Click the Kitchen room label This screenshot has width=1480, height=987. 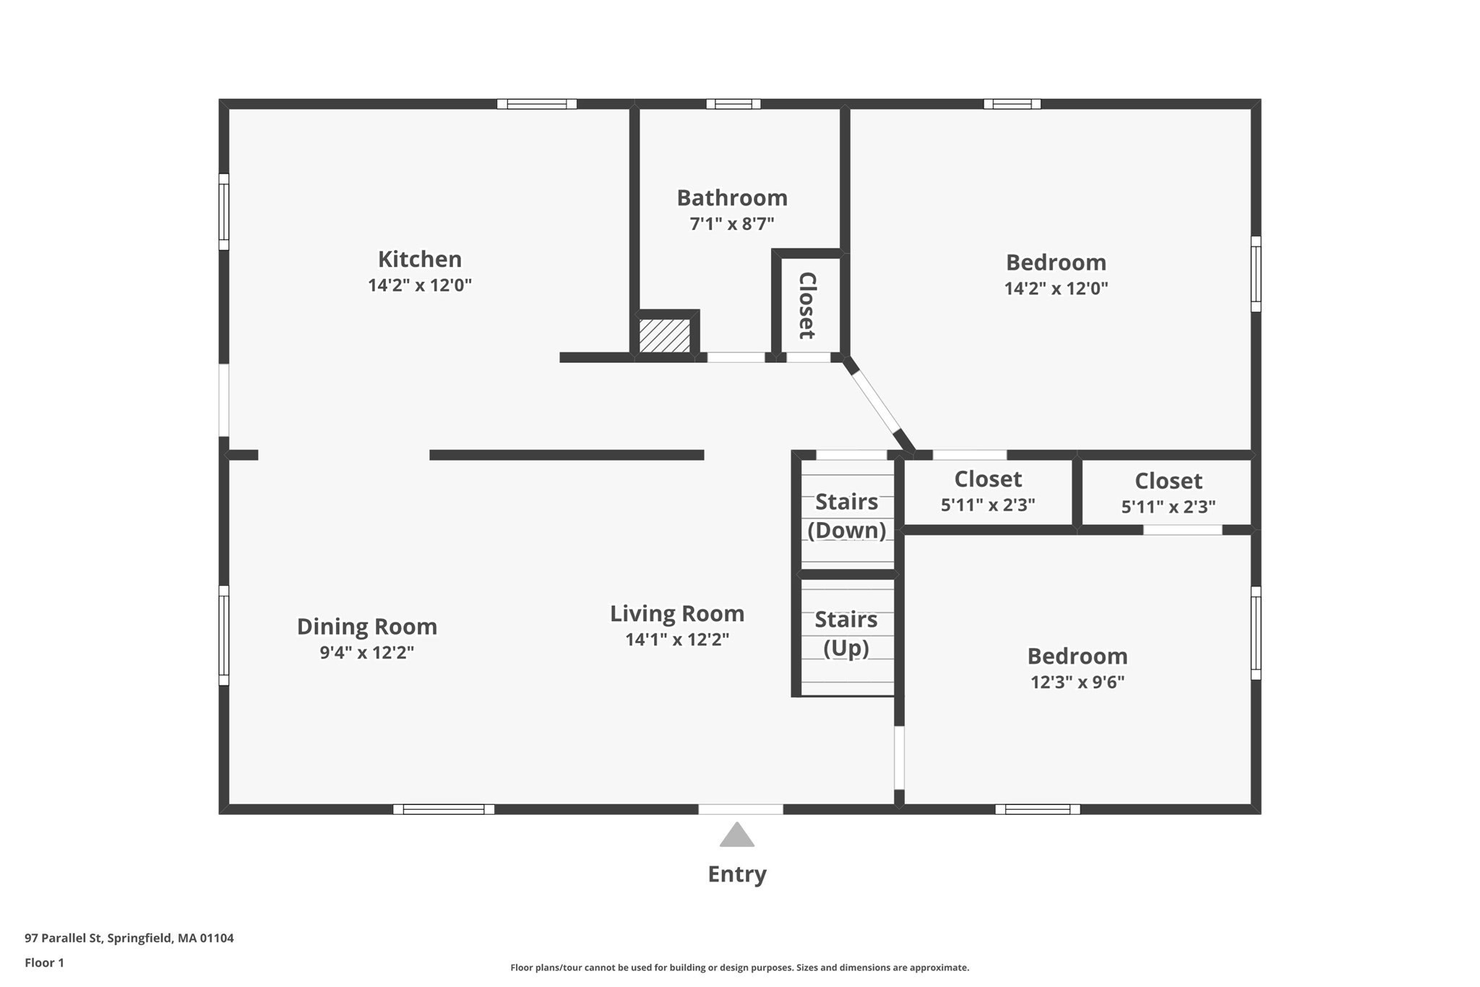tap(419, 259)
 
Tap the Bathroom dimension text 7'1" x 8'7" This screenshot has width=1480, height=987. tap(731, 223)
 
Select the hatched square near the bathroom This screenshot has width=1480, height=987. tap(664, 336)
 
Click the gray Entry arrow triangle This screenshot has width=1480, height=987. tap(736, 836)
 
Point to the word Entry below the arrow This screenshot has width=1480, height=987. tap(736, 874)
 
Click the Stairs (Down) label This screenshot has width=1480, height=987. tap(846, 516)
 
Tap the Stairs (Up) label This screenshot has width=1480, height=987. tap(846, 633)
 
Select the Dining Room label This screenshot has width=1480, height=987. tap(366, 626)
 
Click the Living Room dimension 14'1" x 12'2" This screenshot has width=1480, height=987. tap(676, 639)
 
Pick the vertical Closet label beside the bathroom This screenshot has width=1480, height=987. tap(806, 305)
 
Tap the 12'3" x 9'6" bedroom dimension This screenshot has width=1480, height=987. tap(1077, 682)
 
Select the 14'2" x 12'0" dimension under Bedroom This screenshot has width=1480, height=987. tap(1055, 289)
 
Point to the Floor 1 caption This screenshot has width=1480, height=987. tap(44, 962)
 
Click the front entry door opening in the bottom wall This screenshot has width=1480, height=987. tap(740, 809)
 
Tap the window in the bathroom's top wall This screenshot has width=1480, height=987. tap(733, 104)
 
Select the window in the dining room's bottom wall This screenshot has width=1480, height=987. tap(443, 809)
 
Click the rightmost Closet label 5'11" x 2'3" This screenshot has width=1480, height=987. tap(1168, 492)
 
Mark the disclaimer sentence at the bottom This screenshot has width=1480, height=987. tap(739, 967)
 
